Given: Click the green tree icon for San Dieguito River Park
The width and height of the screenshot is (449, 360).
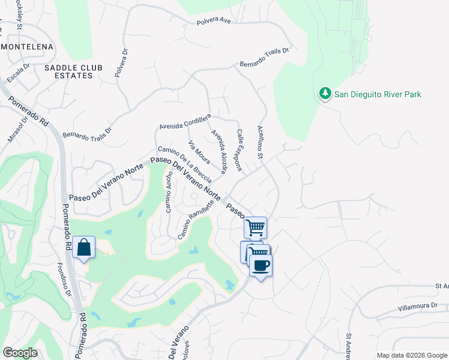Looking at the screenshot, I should coord(325,94).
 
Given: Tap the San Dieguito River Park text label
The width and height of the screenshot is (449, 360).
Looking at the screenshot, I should coord(378,94).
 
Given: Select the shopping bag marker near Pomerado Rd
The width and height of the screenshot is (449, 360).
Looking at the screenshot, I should coord(83,247).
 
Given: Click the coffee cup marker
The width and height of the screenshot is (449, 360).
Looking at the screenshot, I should coord(261,265).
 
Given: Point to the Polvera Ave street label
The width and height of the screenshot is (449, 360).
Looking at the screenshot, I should coord(214,22).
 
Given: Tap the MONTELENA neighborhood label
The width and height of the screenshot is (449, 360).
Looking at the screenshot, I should coord(27,46).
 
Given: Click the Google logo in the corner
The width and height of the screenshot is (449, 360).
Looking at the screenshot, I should coord(20,353).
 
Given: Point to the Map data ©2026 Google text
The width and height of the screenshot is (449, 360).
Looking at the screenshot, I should coord(411,355).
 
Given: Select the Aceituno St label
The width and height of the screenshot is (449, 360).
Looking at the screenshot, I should coord(261,142).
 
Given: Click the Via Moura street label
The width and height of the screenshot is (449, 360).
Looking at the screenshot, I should coord(199,152).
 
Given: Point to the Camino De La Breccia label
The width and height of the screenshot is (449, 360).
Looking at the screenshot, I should coord(185,164).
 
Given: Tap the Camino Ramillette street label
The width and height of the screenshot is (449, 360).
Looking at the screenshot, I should coord(196,220).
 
